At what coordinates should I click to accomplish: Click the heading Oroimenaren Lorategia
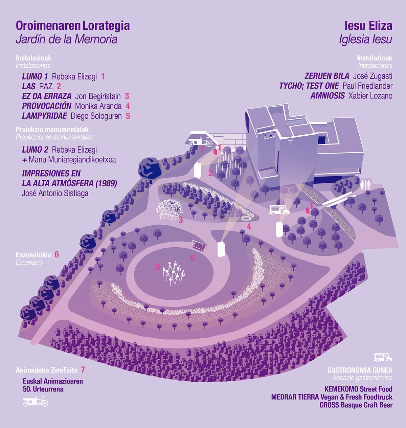click(72, 26)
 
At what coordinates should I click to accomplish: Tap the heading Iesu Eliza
click(368, 26)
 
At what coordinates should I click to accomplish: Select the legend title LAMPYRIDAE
click(44, 116)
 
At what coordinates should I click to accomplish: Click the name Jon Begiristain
click(98, 96)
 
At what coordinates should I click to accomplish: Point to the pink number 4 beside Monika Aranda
click(128, 106)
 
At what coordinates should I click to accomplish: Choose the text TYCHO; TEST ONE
click(309, 86)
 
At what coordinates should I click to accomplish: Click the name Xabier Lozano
click(370, 96)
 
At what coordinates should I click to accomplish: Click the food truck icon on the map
click(279, 210)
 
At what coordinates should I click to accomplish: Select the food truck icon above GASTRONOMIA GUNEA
click(383, 357)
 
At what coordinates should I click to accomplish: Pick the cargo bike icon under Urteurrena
click(36, 402)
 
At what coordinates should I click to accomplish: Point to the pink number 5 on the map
click(158, 267)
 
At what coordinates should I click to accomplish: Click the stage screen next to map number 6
click(198, 244)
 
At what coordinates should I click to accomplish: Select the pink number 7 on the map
click(202, 150)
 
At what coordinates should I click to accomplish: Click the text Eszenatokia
click(33, 255)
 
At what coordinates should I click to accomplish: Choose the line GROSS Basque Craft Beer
click(356, 405)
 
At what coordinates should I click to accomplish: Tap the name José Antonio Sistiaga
click(55, 194)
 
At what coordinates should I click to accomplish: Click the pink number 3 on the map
click(181, 220)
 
